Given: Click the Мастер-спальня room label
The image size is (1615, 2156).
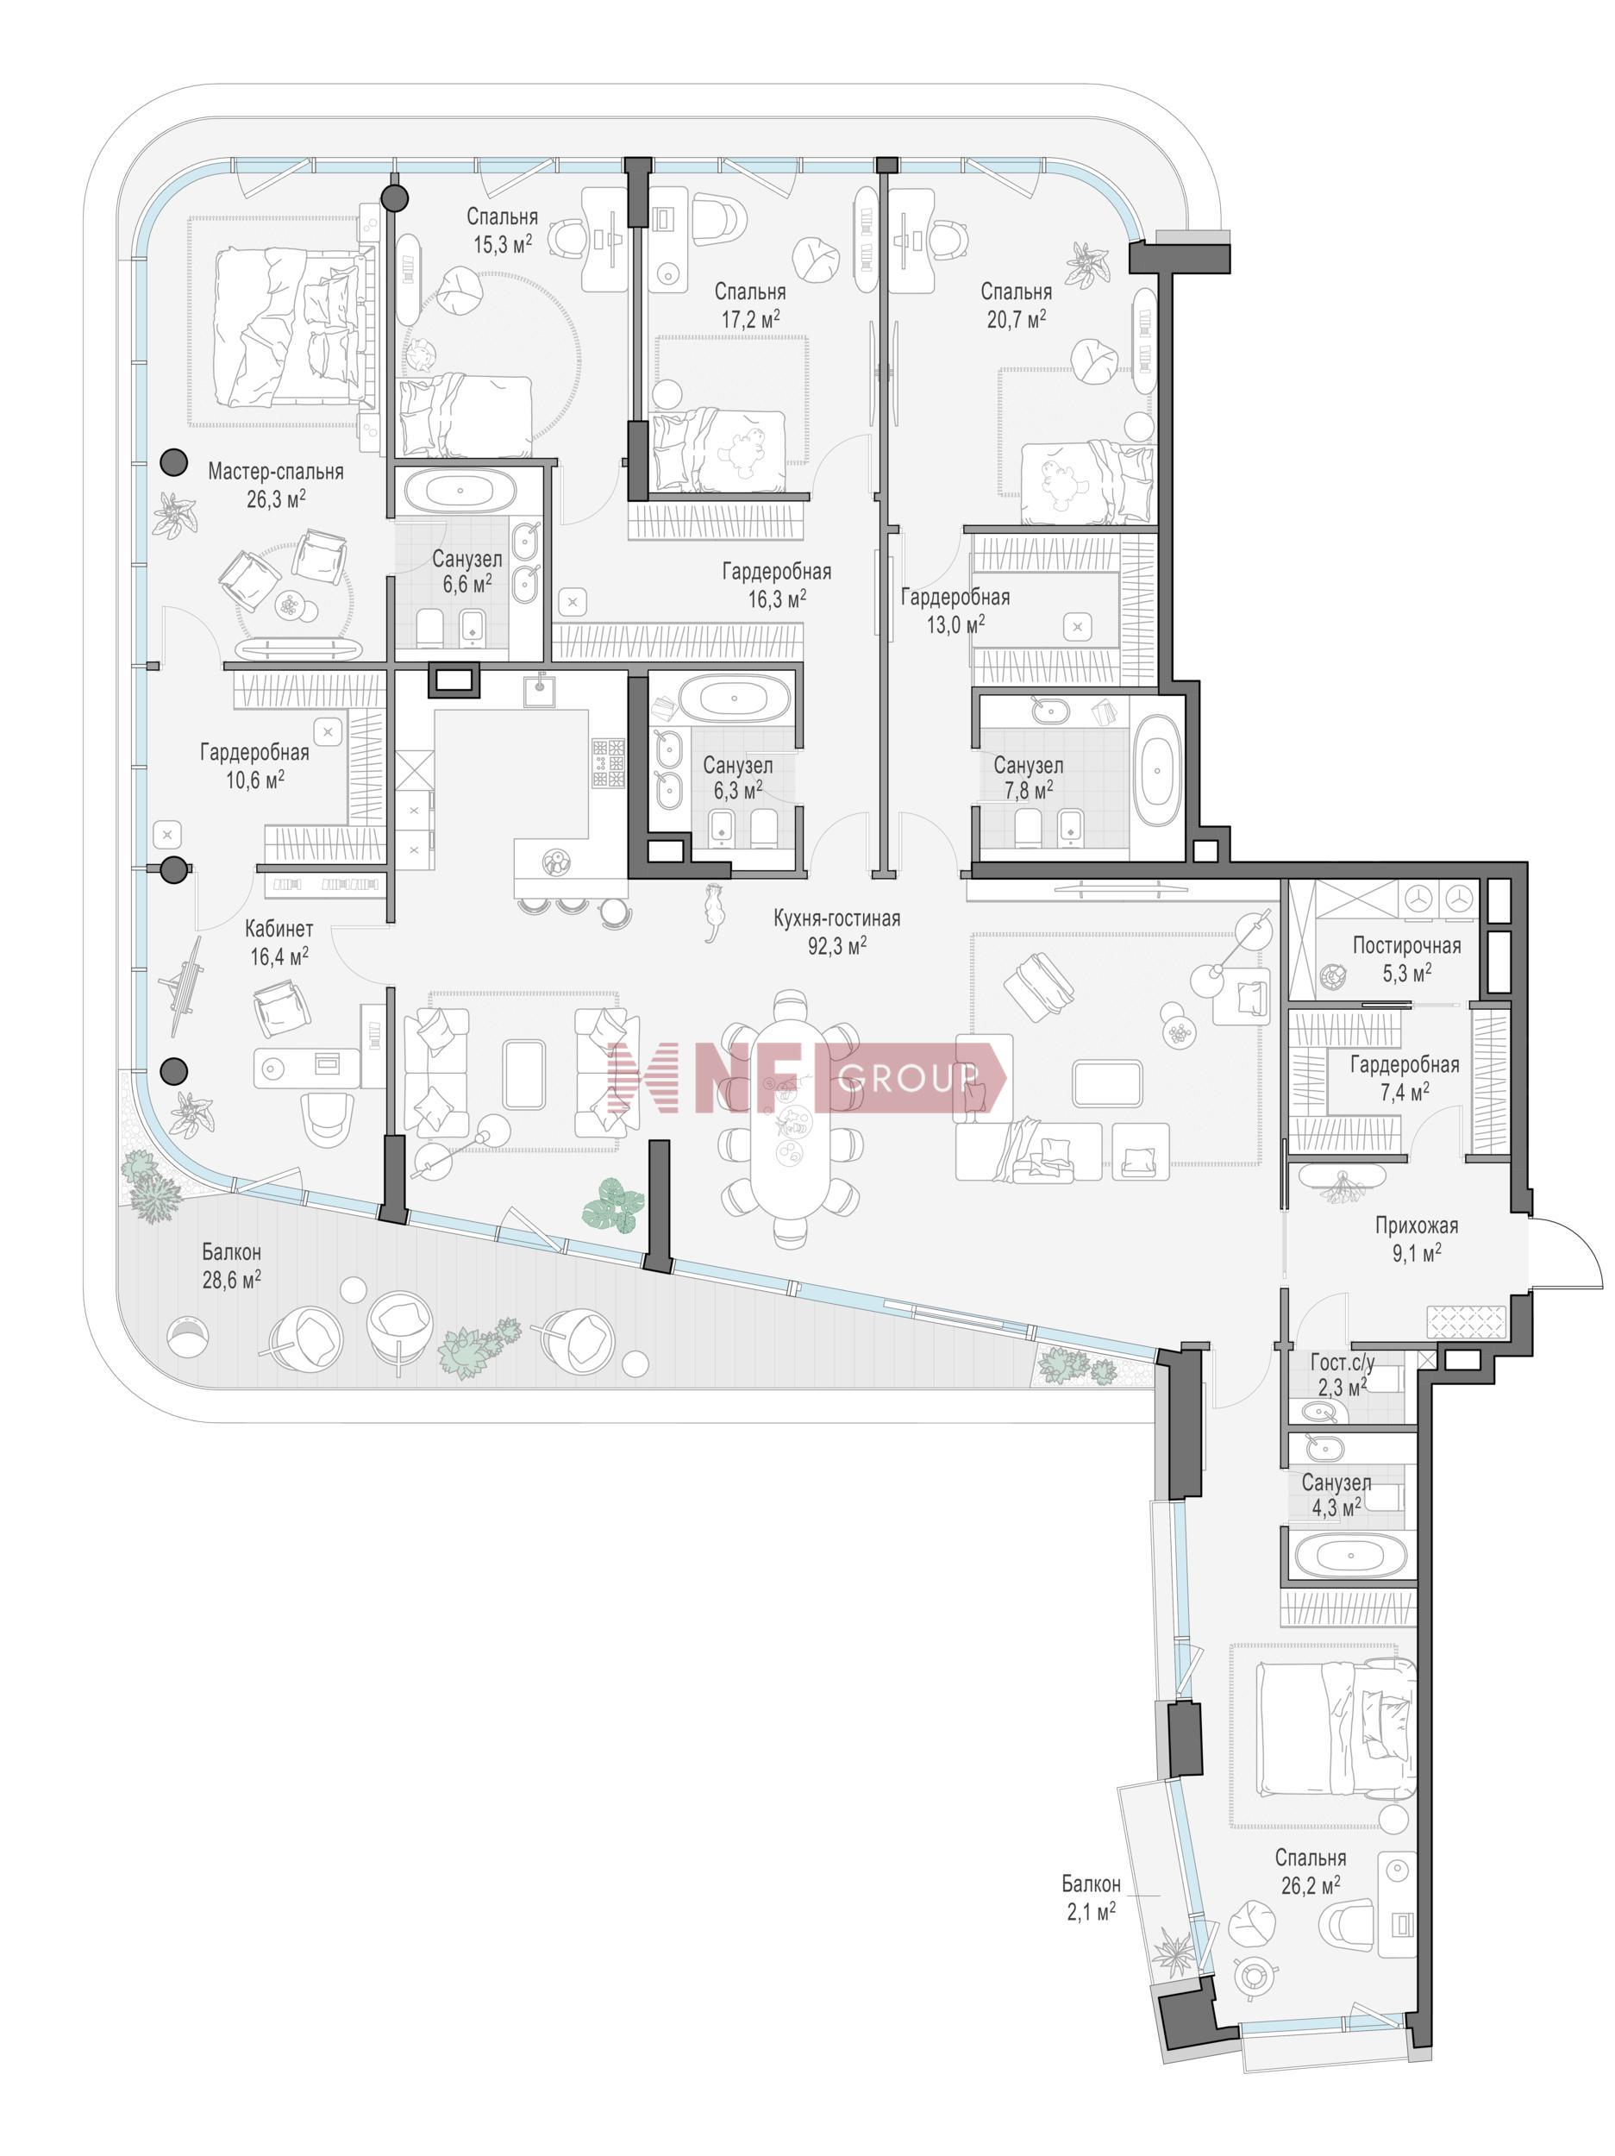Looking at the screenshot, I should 275,472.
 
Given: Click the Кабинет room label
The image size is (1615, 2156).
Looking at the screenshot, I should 279,929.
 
